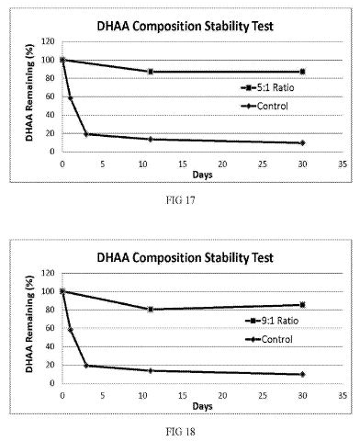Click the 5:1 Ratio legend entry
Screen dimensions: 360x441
[x=267, y=88]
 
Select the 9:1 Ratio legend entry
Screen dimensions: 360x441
[x=272, y=321]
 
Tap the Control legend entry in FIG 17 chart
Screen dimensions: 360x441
[x=264, y=106]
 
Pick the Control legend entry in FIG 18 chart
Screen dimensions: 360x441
[x=269, y=339]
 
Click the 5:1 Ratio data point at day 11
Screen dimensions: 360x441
[x=151, y=72]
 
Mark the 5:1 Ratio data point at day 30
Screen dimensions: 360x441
[x=302, y=72]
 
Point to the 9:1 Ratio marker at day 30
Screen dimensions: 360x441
[x=302, y=305]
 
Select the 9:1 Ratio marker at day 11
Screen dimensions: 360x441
[x=151, y=310]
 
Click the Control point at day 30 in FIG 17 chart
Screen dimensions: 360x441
[x=302, y=142]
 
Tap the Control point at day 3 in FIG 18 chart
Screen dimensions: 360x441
[x=86, y=366]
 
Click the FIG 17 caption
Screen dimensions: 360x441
[x=180, y=200]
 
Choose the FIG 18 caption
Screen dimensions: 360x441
[x=180, y=432]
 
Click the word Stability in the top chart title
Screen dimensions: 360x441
[x=225, y=27]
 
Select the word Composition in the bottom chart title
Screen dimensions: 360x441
[x=167, y=258]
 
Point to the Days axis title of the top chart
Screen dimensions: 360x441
[x=202, y=175]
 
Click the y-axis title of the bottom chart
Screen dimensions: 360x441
[x=29, y=324]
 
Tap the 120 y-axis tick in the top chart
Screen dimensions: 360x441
[x=49, y=41]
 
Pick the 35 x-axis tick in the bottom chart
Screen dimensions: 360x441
[x=343, y=396]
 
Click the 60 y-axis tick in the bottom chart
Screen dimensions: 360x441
[x=50, y=328]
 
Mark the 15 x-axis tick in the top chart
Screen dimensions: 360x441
[x=183, y=164]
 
